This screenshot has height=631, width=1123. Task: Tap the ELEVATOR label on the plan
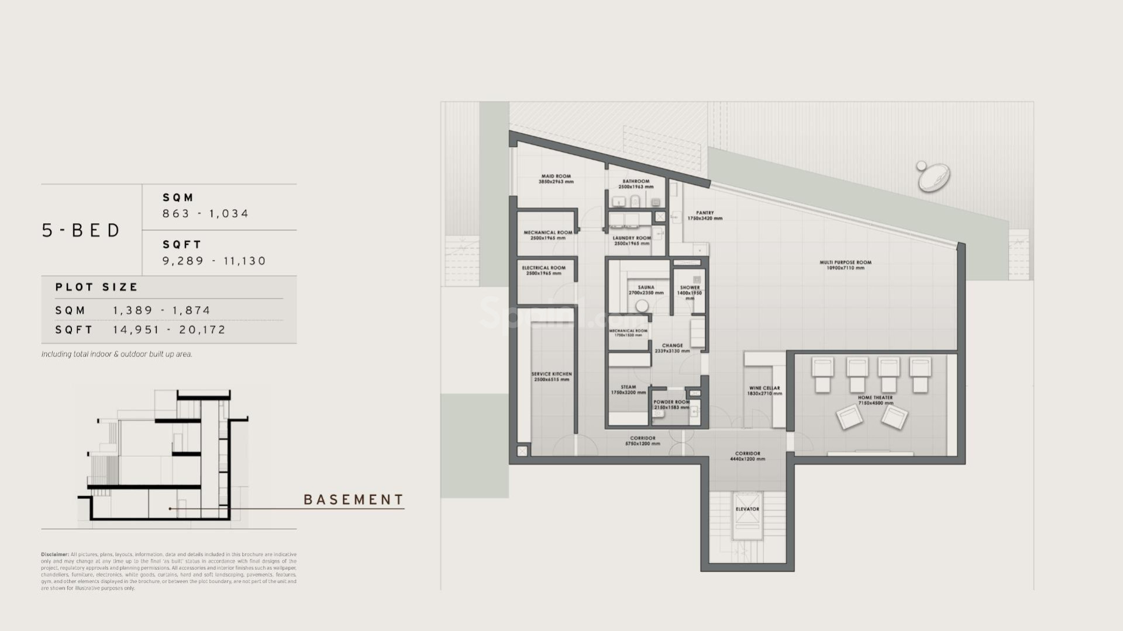pyautogui.click(x=747, y=509)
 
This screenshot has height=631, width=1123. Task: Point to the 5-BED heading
pyautogui.click(x=81, y=230)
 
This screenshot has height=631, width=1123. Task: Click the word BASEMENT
pyautogui.click(x=354, y=500)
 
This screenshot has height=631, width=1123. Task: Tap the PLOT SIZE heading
pyautogui.click(x=97, y=287)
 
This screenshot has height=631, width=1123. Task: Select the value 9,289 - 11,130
pyautogui.click(x=214, y=261)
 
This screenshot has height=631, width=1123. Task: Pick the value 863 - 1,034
pyautogui.click(x=206, y=214)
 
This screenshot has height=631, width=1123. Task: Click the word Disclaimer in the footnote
pyautogui.click(x=54, y=554)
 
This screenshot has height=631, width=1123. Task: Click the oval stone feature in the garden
pyautogui.click(x=934, y=177)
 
